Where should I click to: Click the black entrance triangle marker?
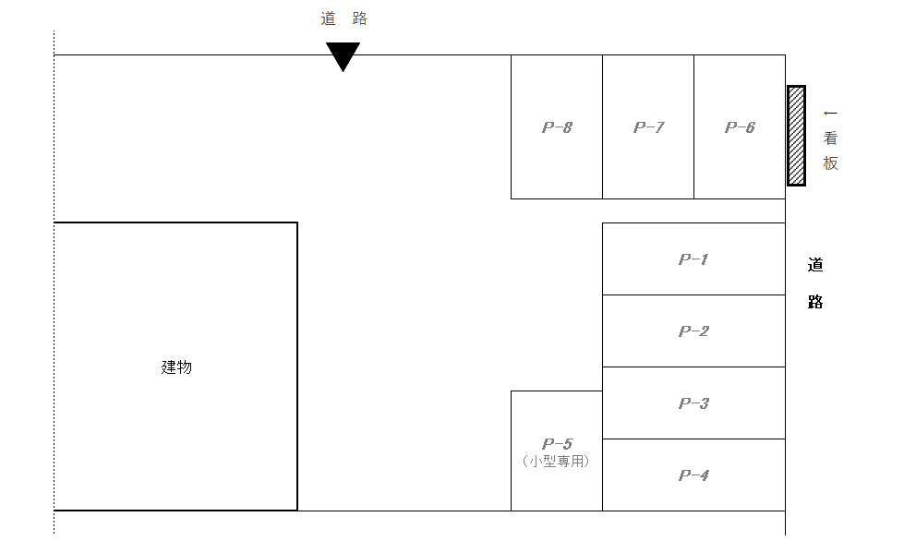click(343, 54)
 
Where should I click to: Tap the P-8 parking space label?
click(557, 127)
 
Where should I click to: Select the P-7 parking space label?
click(648, 127)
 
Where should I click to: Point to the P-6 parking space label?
click(740, 127)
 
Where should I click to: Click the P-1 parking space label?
click(693, 259)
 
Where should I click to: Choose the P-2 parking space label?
click(693, 331)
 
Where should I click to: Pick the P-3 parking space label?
click(693, 403)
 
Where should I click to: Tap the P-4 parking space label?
click(693, 475)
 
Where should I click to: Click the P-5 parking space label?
click(557, 444)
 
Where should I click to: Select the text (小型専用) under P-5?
click(556, 461)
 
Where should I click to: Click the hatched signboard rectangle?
click(796, 136)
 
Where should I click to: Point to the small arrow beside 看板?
click(830, 114)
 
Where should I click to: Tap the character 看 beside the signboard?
click(831, 139)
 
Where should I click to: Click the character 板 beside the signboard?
click(831, 163)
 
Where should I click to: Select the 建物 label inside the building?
click(176, 367)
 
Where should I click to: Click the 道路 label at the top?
click(344, 18)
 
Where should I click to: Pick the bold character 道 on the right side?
click(815, 265)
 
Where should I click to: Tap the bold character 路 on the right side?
click(815, 302)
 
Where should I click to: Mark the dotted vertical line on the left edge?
click(54, 277)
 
